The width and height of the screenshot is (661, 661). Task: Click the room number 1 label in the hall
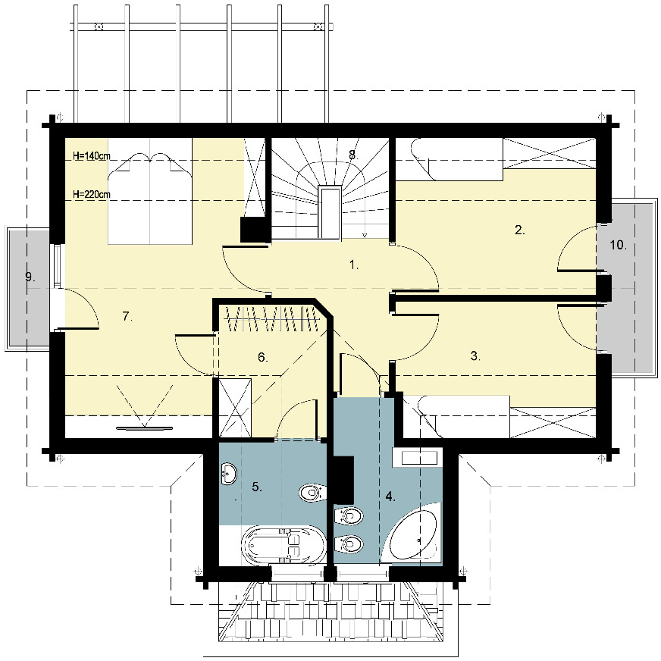(353, 265)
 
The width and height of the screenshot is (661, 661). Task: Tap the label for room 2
(520, 230)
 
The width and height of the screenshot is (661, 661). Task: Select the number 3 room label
(475, 356)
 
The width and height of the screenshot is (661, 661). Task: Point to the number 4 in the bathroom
(390, 497)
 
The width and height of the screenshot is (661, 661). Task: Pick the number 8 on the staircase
(352, 154)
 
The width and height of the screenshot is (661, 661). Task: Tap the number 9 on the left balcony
(30, 277)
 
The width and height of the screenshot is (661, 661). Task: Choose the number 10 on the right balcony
(618, 245)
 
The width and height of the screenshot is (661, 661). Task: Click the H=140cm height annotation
(92, 156)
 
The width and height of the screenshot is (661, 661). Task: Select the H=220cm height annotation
(92, 194)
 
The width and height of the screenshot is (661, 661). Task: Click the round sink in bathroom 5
(227, 475)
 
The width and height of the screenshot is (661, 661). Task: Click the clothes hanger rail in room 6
(271, 317)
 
